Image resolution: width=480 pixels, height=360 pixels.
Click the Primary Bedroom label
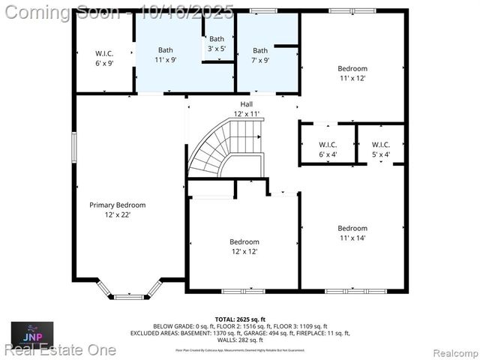[x=117, y=205]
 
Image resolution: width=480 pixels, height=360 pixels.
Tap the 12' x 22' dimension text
[x=117, y=215]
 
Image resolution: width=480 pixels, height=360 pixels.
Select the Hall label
[x=246, y=103]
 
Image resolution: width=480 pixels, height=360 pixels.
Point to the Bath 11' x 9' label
[x=165, y=55]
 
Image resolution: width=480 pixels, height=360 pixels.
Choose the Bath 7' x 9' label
[x=260, y=55]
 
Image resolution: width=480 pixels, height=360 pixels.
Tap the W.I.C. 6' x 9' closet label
[x=104, y=58]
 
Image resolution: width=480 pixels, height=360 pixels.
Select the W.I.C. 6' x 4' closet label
[x=328, y=149]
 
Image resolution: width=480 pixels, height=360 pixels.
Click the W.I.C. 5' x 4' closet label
[x=381, y=149]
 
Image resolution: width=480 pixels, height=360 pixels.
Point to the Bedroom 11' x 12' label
[x=352, y=73]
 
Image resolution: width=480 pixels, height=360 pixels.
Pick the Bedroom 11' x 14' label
[x=352, y=233]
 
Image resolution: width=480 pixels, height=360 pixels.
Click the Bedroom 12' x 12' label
[x=244, y=247]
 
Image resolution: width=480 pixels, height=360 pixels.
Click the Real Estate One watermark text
[x=60, y=349]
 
